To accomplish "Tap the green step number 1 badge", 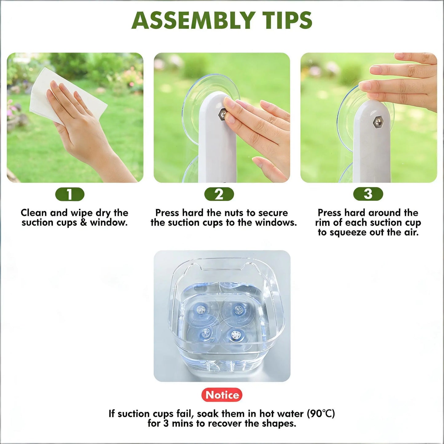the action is [x=70, y=194].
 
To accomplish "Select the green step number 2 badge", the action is [x=219, y=194].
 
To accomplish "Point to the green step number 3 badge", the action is [x=368, y=194].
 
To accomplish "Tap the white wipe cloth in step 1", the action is [x=67, y=97].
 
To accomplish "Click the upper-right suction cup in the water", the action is [x=237, y=310].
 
